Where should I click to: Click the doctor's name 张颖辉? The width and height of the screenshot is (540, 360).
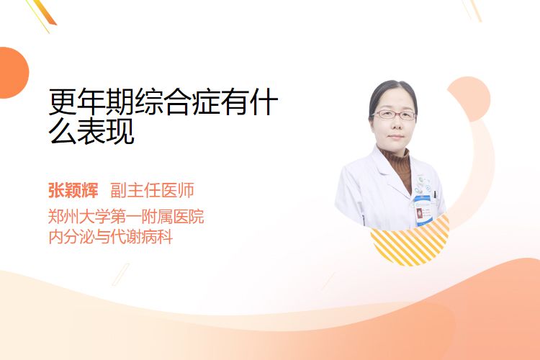pyautogui.click(x=73, y=190)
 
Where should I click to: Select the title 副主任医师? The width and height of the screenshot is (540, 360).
pyautogui.click(x=152, y=190)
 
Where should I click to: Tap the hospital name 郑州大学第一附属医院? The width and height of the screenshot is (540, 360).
pyautogui.click(x=126, y=216)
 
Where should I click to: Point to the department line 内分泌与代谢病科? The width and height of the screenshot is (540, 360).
pyautogui.click(x=111, y=237)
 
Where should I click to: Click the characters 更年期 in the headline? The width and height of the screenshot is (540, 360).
pyautogui.click(x=91, y=102)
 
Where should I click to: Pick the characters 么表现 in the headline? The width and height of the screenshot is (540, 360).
pyautogui.click(x=91, y=131)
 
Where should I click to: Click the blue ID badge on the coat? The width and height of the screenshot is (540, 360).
pyautogui.click(x=423, y=210)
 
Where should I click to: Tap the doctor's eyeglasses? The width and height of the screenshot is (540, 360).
pyautogui.click(x=395, y=114)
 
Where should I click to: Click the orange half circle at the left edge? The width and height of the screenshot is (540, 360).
pyautogui.click(x=13, y=73)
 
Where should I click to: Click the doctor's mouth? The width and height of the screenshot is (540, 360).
pyautogui.click(x=396, y=137)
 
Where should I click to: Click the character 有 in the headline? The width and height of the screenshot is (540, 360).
pyautogui.click(x=235, y=102)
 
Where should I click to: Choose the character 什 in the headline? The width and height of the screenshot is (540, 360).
pyautogui.click(x=264, y=102)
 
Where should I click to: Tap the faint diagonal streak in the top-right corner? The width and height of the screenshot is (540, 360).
pyautogui.click(x=472, y=10)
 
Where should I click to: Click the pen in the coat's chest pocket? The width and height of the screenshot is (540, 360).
pyautogui.click(x=435, y=194)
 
